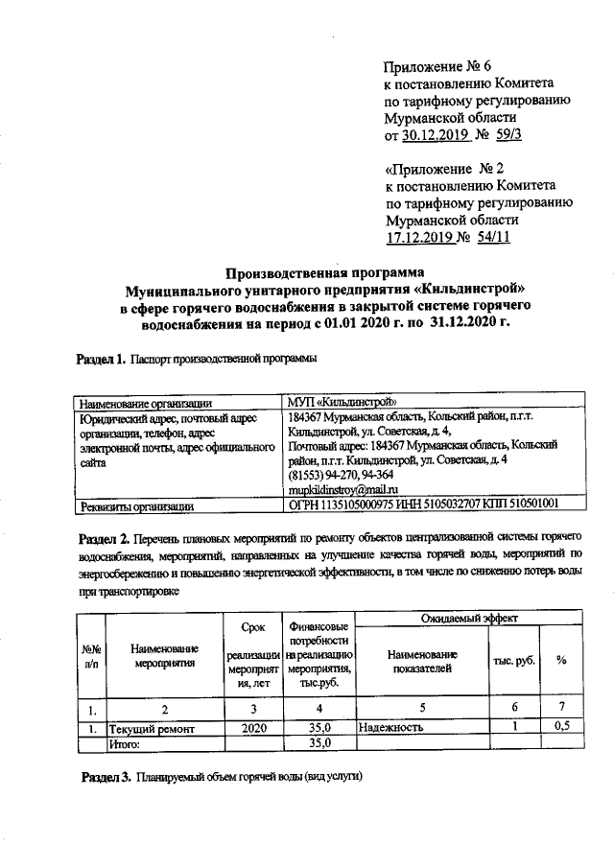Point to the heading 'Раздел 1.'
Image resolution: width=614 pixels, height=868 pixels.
(x=101, y=359)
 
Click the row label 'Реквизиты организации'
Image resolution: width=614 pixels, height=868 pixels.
(x=138, y=504)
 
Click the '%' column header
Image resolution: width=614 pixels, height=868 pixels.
(x=562, y=661)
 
